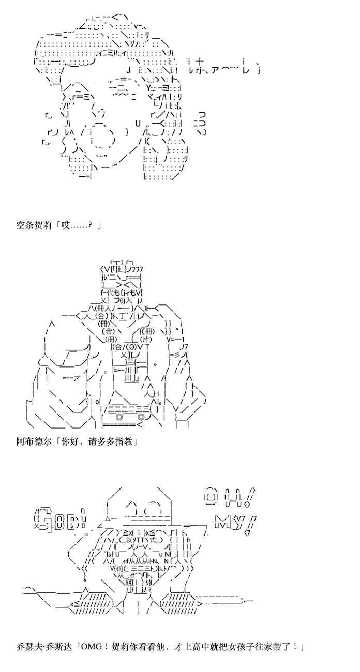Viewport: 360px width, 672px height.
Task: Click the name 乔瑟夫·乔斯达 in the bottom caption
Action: click(x=43, y=647)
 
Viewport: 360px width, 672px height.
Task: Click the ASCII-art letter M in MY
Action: click(x=222, y=520)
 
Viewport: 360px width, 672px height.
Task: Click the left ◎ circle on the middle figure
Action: click(x=119, y=417)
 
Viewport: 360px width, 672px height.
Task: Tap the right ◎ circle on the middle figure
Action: click(x=141, y=417)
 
